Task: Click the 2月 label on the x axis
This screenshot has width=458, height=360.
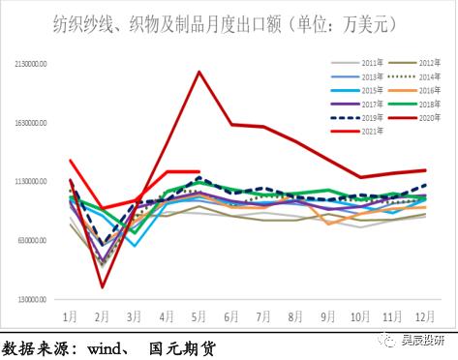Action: click(x=102, y=316)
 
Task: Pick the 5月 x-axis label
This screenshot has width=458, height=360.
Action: click(x=198, y=316)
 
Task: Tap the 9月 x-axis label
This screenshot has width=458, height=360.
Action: click(x=327, y=316)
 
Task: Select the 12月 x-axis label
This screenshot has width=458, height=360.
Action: click(x=424, y=316)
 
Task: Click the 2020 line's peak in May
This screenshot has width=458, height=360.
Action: click(x=198, y=72)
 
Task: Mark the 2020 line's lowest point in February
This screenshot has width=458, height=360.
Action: click(x=102, y=286)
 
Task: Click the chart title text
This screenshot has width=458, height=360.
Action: click(x=229, y=21)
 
